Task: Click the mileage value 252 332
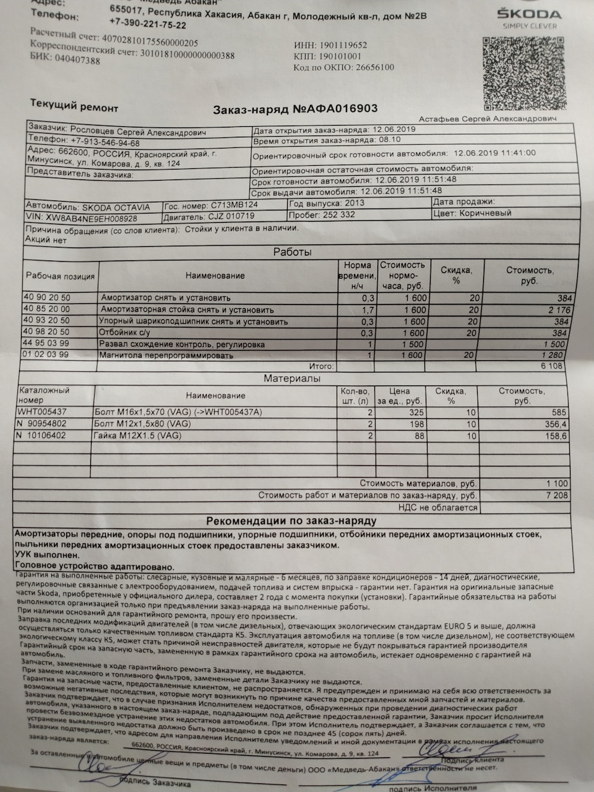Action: pos(339,215)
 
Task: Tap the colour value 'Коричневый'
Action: pos(485,213)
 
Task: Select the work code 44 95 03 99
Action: pos(47,342)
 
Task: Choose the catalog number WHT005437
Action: pos(43,411)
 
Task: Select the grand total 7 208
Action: pos(556,496)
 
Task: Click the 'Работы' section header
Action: pos(292,252)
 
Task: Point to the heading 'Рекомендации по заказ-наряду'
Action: pos(291,521)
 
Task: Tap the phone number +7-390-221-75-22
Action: pos(147,25)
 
